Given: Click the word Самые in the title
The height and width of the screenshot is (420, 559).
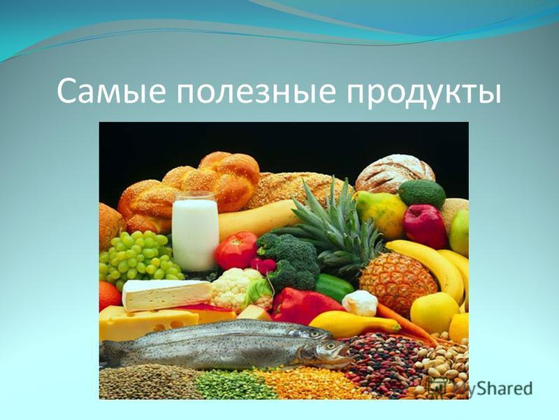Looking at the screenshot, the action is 111,92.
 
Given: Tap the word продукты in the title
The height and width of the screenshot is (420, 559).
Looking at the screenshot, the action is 424,94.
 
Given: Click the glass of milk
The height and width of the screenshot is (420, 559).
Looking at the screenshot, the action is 195,232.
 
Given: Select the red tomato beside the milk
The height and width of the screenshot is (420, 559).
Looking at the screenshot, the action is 236,251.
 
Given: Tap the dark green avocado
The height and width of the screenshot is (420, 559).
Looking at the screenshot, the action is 422,194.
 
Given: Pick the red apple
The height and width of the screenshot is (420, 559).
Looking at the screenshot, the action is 425,225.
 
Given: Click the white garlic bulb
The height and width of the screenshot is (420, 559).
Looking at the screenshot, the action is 360,303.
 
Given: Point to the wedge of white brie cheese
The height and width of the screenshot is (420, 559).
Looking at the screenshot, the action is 166,294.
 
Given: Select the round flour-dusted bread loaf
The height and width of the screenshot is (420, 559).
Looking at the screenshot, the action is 395,173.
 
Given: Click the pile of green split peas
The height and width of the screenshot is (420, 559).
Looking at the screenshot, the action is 235,385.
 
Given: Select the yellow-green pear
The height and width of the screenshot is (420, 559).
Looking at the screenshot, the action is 380,214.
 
